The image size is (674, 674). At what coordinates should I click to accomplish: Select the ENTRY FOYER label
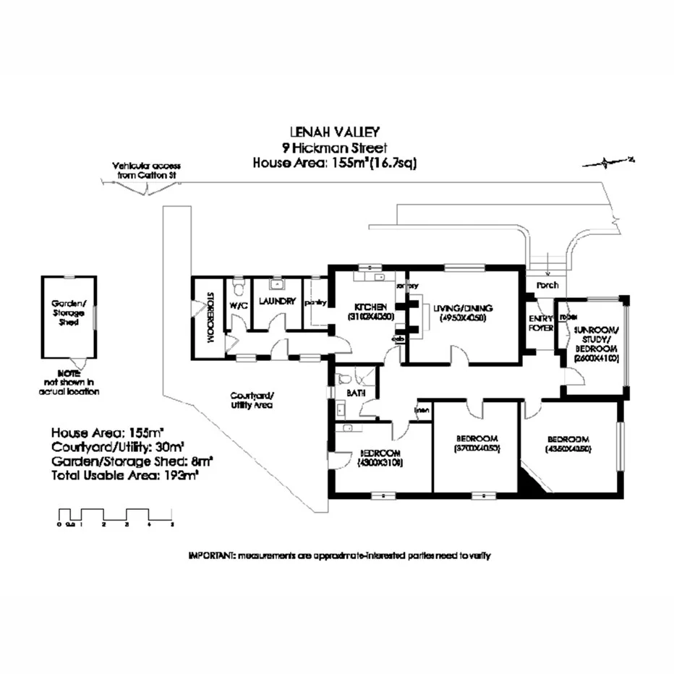(x=539, y=323)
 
